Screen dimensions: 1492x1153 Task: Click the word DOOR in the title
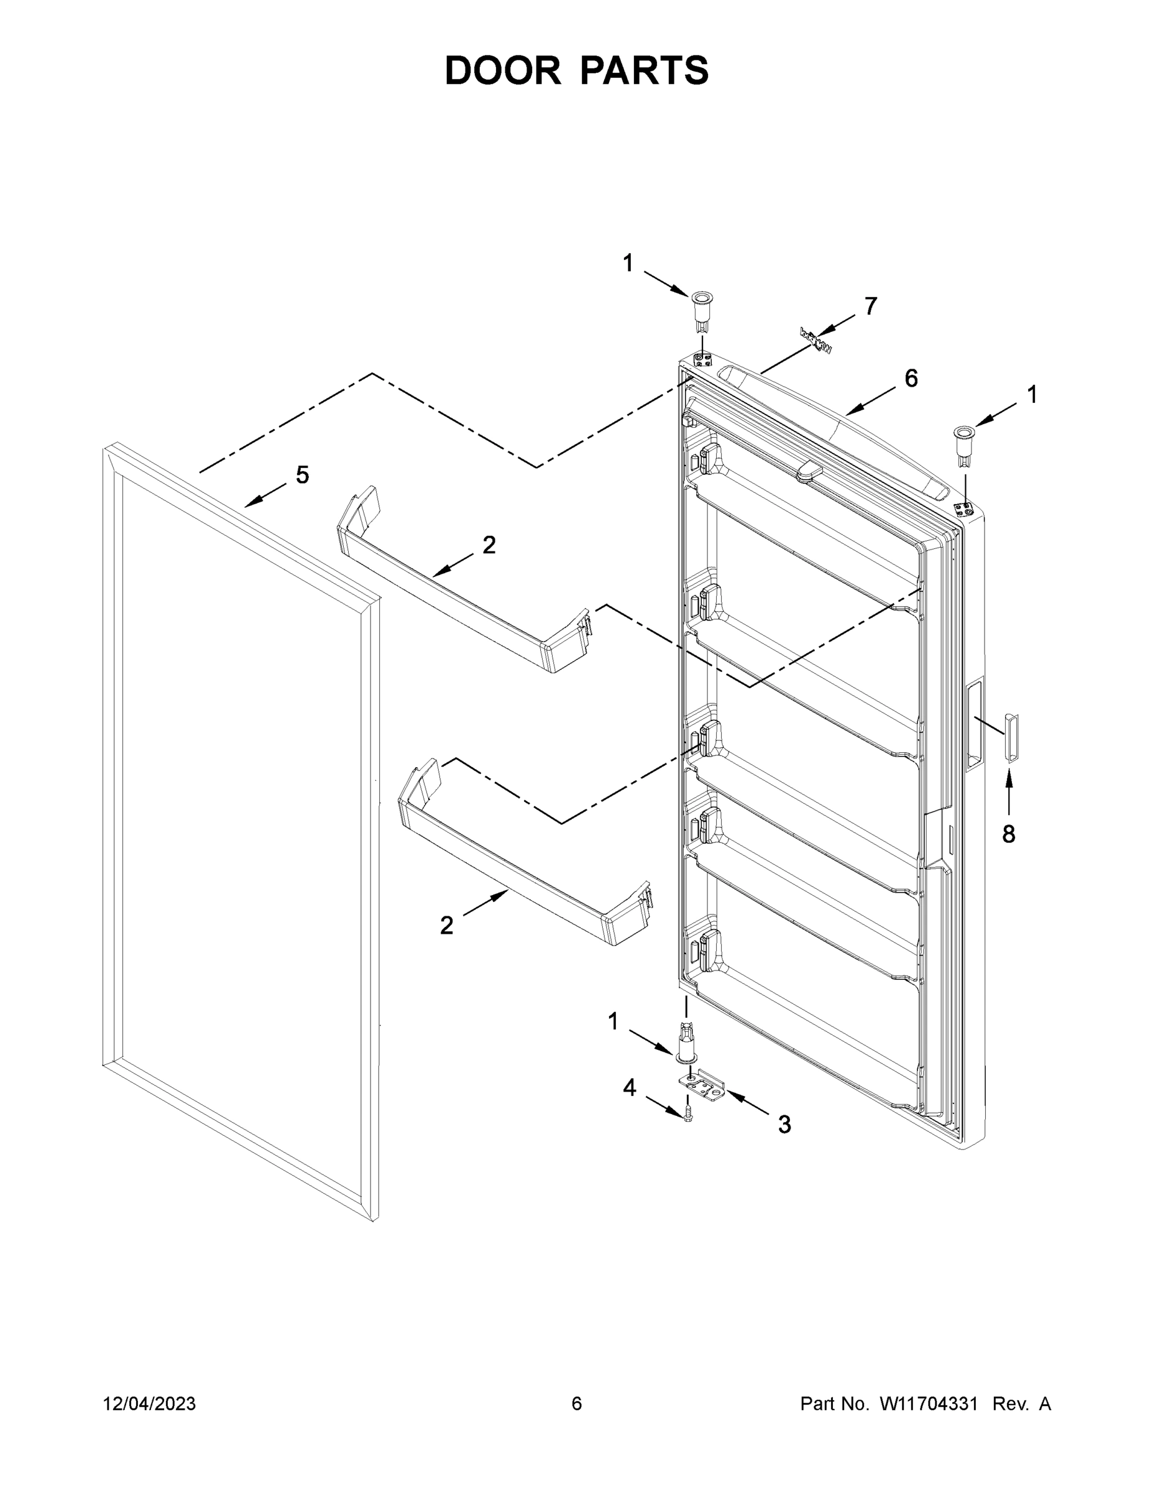click(x=503, y=70)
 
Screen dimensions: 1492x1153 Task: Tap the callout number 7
click(x=870, y=306)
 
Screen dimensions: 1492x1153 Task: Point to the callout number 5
click(x=302, y=474)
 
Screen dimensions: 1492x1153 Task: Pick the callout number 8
click(x=1008, y=834)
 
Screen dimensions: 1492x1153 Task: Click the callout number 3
click(x=784, y=1124)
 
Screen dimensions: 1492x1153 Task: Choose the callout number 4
click(x=629, y=1087)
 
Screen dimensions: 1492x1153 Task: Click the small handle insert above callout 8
click(x=1010, y=737)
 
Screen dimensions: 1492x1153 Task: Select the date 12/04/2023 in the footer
click(x=149, y=1403)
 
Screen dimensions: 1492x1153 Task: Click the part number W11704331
click(x=928, y=1403)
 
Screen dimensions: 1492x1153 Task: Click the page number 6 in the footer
click(x=577, y=1403)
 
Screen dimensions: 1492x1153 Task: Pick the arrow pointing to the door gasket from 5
click(x=265, y=495)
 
